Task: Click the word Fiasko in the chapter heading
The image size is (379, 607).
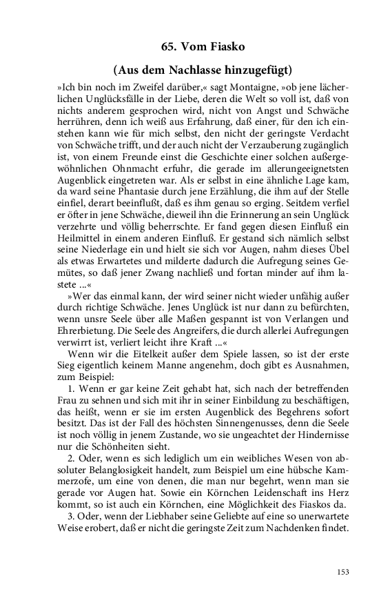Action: click(x=221, y=46)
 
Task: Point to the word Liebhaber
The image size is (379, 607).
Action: click(x=154, y=535)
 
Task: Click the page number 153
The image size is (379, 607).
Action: click(x=344, y=571)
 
